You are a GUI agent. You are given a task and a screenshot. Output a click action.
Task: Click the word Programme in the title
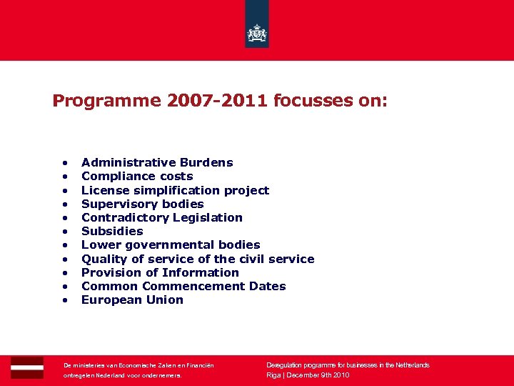(107, 101)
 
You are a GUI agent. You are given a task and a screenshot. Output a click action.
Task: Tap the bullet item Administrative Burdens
(157, 163)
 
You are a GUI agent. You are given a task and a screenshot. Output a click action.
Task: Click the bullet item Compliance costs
(137, 177)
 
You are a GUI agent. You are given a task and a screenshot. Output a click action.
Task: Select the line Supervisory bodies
(142, 204)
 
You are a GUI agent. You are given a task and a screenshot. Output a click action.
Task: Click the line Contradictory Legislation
(162, 217)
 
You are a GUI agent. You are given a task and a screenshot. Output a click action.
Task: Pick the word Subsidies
(112, 231)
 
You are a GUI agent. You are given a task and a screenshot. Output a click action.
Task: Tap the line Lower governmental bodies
(171, 245)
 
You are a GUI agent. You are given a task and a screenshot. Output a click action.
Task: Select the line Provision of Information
(160, 272)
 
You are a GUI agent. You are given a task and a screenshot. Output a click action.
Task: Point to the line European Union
(132, 300)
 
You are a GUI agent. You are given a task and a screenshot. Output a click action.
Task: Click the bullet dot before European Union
(65, 300)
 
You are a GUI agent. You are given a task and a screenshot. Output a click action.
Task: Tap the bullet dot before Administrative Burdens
(65, 163)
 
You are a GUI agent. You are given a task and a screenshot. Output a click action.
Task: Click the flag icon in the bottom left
(27, 367)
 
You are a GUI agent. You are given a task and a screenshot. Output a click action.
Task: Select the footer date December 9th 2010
(318, 375)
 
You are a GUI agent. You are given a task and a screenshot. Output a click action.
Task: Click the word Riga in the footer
(273, 375)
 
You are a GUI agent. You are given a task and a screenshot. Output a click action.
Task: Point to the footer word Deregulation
(287, 365)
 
